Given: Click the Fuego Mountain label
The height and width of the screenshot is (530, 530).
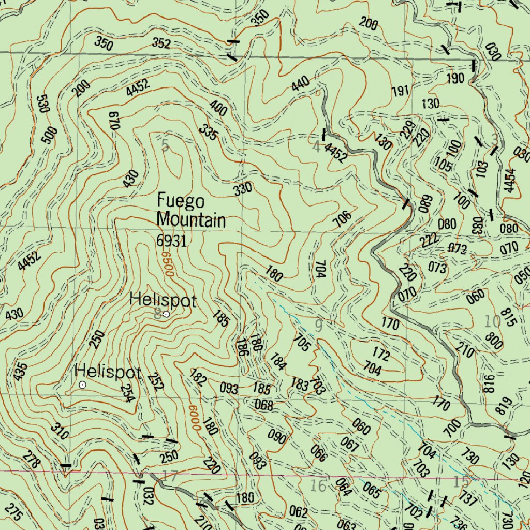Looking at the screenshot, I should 191,210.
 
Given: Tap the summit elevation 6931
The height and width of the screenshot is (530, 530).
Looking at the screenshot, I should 171,240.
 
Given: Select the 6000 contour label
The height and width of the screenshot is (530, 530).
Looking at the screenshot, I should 194,417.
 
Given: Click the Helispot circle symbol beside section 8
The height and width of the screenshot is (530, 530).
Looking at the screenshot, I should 166,314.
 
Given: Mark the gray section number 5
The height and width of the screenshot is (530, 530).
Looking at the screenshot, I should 165,146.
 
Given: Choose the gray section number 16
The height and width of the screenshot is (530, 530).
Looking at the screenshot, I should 318,486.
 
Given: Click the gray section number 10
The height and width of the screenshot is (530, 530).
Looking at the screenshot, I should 492,321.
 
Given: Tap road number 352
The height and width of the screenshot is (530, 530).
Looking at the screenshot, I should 161,44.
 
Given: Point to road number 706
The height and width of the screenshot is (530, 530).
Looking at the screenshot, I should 342,219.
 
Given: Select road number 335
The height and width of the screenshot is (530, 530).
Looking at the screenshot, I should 209,132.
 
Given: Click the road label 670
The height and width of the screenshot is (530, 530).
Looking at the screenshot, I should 114,120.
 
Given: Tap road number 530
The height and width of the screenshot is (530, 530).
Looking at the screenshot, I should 43,104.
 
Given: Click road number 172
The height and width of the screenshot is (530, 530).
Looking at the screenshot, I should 381,355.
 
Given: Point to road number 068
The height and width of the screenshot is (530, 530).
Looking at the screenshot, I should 264,405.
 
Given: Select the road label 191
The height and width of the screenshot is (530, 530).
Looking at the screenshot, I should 400,91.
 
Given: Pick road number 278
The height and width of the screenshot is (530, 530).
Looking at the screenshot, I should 31,461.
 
